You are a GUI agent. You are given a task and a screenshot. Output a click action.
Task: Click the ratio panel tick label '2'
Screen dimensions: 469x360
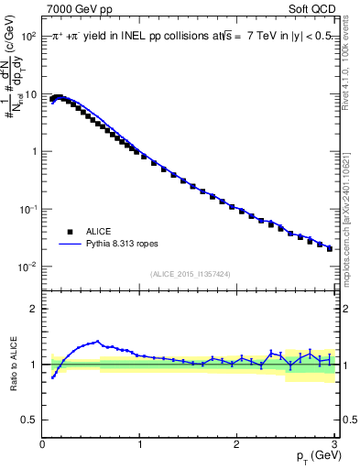pos(34,309)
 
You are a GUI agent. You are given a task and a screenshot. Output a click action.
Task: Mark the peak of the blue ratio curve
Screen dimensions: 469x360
pos(97,342)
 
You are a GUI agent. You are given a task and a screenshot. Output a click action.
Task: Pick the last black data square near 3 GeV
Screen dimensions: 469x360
pos(330,248)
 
